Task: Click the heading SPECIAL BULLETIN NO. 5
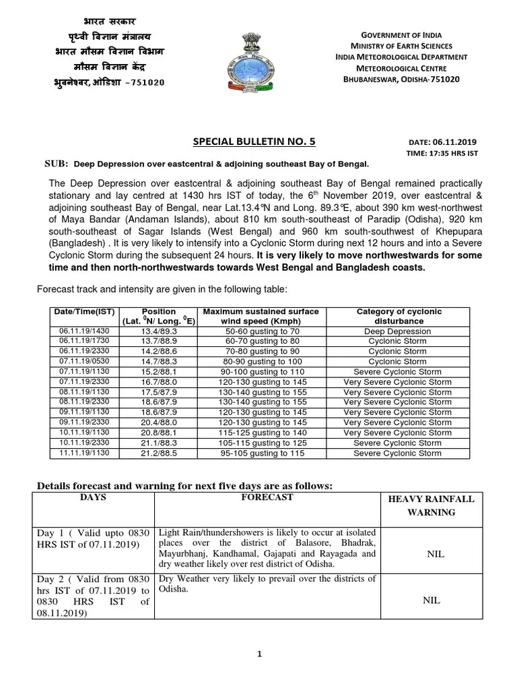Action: point(254,141)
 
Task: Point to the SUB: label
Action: point(57,164)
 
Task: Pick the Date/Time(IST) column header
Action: point(83,311)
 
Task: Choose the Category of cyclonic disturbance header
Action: point(399,316)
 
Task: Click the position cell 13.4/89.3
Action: point(159,331)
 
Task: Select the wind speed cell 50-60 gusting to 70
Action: point(261,331)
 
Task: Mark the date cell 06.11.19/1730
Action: point(83,341)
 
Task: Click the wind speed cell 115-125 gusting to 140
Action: point(261,433)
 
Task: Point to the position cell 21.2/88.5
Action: point(159,453)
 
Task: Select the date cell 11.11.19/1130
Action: point(83,453)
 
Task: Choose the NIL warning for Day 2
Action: point(432,600)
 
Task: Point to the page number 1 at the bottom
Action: point(258,654)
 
